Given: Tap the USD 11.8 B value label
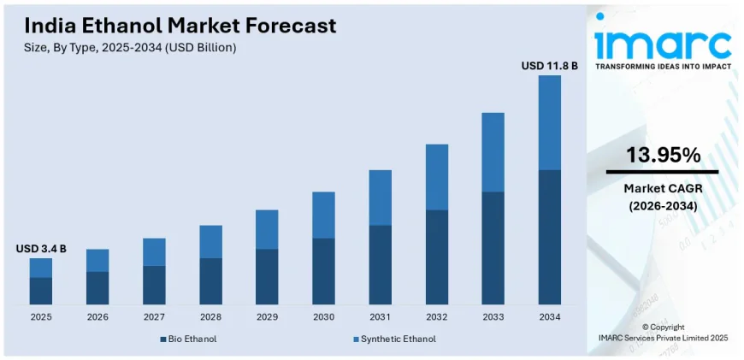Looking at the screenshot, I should (549, 65).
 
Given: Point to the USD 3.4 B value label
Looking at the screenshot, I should (41, 249).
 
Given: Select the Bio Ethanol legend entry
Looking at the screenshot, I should (188, 339).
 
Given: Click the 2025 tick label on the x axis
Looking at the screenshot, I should (41, 316).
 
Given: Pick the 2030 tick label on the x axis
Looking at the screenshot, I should (323, 316).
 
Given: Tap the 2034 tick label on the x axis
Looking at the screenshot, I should (549, 316).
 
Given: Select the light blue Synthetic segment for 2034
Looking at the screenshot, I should (549, 122).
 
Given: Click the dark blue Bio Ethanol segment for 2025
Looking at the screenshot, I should (41, 291).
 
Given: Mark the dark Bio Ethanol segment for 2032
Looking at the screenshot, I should (436, 257).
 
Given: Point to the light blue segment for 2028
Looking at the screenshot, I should (210, 241).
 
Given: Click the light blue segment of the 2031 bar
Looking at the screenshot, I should (380, 198).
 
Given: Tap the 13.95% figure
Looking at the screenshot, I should (663, 155).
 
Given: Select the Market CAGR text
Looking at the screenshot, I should (663, 188).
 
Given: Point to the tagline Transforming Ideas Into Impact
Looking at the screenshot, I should (663, 66).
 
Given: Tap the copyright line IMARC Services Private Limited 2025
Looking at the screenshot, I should (663, 339).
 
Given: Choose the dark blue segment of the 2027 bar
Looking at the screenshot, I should (154, 285).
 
